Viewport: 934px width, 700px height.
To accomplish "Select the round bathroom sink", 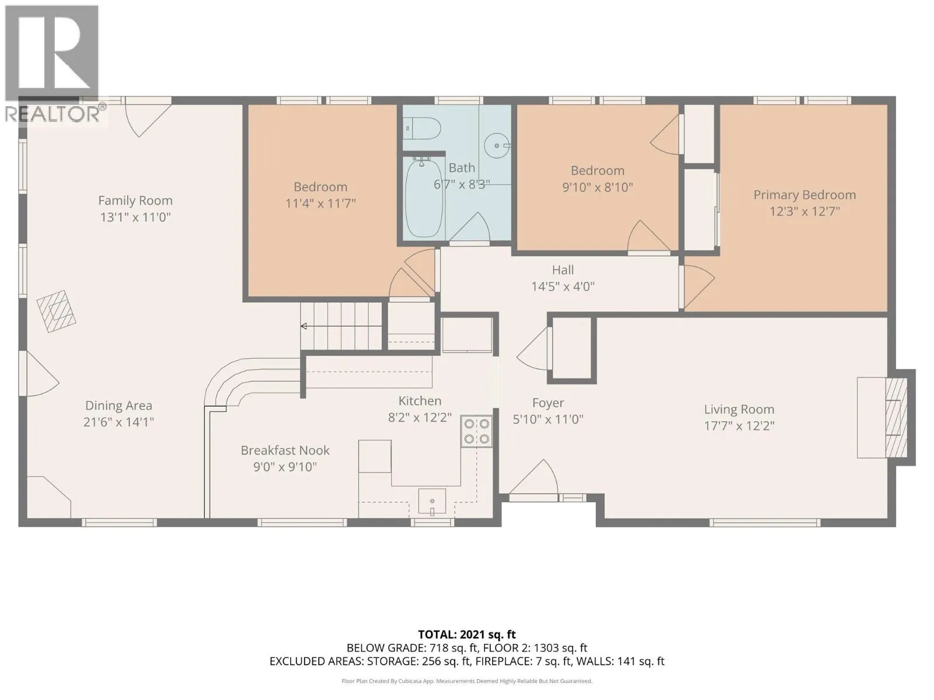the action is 497,146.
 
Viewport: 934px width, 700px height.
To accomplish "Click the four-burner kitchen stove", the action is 476,431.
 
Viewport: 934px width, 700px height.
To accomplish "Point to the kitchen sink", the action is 432,502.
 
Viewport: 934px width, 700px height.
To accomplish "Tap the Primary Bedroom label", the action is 804,195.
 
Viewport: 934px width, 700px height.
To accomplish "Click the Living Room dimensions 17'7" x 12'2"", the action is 739,426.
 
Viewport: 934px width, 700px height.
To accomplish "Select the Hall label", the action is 563,270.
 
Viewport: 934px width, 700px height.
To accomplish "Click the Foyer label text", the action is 548,403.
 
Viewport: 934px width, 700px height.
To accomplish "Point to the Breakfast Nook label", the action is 285,450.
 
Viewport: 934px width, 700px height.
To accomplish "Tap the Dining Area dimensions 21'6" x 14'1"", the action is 119,422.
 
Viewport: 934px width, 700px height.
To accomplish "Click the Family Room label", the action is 135,201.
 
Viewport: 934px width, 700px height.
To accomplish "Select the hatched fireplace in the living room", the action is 896,417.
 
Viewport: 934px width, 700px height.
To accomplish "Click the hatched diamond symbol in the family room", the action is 57,311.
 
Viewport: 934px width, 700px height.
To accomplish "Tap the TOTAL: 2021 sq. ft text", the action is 467,635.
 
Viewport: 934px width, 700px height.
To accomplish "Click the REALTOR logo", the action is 52,64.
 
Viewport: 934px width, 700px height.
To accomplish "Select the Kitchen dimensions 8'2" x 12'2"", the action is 420,418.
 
